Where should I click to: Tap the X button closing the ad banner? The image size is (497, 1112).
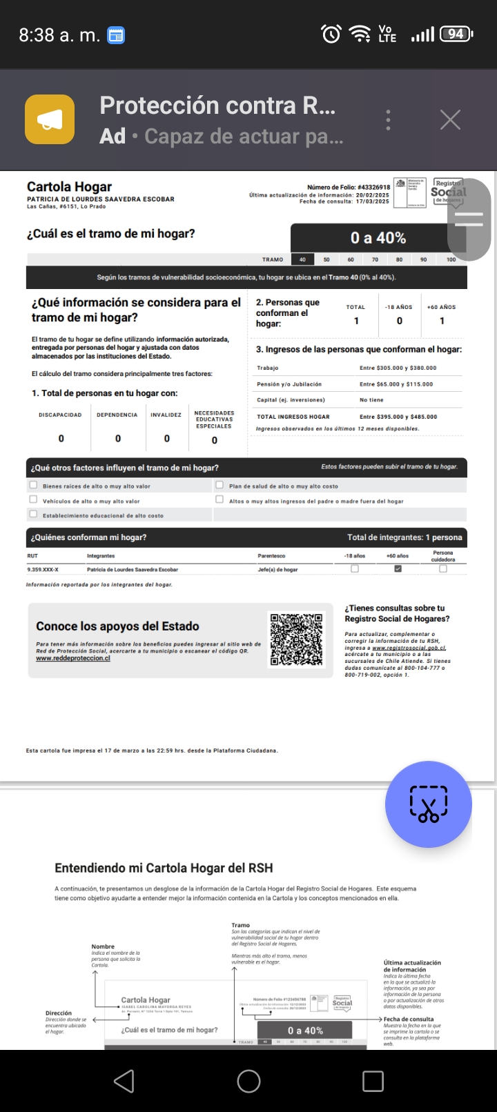pos(450,120)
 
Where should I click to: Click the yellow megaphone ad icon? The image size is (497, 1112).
pos(50,119)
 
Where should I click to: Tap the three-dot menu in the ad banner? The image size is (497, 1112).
pos(389,120)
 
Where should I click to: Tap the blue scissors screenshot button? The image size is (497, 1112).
pos(429,804)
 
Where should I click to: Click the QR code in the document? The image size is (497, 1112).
pos(296,639)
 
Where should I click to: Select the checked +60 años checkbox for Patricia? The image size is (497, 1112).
pos(398,569)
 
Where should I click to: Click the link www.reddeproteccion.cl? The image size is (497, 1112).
pos(73,658)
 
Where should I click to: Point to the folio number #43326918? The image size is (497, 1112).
pos(374,187)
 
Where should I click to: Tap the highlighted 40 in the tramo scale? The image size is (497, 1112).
pos(302,259)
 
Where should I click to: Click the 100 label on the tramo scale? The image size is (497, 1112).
pos(451,259)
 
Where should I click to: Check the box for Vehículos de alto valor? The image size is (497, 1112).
pos(33,499)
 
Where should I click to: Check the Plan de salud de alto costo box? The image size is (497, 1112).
pos(220,485)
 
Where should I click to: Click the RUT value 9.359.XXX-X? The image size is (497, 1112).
pos(43,570)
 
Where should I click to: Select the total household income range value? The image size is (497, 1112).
pos(398,417)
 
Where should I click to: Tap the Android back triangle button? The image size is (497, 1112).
pos(124,1081)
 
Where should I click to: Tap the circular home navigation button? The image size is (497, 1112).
pos(248,1081)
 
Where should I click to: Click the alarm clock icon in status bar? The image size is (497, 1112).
pos(331,34)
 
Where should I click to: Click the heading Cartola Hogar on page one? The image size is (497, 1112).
pos(69,187)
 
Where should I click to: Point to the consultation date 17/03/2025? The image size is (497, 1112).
pos(373,201)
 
